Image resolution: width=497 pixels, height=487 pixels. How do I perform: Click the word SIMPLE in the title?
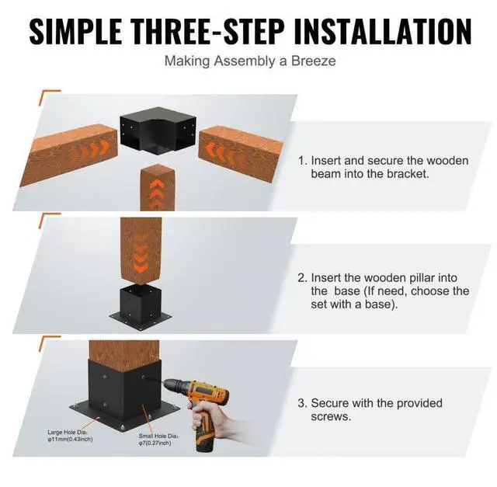click(75, 31)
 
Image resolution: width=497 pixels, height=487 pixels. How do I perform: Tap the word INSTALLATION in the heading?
click(383, 31)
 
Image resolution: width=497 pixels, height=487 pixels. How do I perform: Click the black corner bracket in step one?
click(158, 130)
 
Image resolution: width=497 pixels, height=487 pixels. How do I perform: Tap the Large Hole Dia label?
click(70, 436)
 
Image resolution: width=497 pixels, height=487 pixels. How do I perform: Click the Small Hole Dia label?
click(158, 439)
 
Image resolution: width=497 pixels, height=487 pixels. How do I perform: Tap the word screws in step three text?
click(331, 416)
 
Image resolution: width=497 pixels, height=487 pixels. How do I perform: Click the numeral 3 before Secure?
click(302, 403)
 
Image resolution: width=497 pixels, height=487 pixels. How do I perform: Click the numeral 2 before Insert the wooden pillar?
click(302, 278)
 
